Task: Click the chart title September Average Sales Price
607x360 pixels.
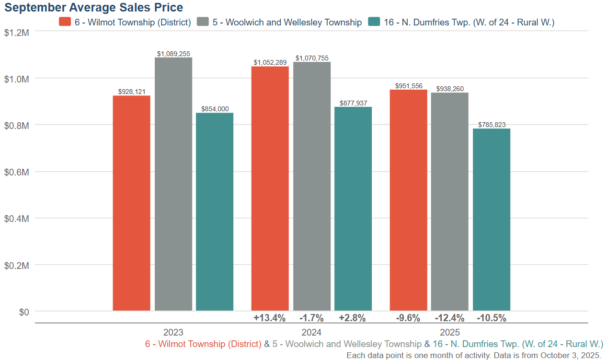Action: [x=93, y=7]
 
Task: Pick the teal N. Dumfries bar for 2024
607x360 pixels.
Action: [x=353, y=209]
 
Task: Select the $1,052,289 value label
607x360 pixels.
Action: [x=270, y=62]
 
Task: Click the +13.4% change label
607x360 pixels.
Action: [x=270, y=318]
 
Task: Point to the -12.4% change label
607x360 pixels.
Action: [x=449, y=318]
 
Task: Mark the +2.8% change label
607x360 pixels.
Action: [x=352, y=318]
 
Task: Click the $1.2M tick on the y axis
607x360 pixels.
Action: [x=17, y=33]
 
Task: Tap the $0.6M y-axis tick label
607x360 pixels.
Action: [x=17, y=172]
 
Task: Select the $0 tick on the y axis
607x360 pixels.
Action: [x=24, y=312]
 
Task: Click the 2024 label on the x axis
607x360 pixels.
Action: [x=311, y=332]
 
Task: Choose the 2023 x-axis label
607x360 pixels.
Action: [x=173, y=332]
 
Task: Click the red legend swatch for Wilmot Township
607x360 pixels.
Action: [x=65, y=22]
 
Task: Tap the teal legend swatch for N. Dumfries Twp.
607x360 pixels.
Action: [x=374, y=22]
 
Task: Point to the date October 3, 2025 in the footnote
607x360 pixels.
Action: [x=570, y=355]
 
